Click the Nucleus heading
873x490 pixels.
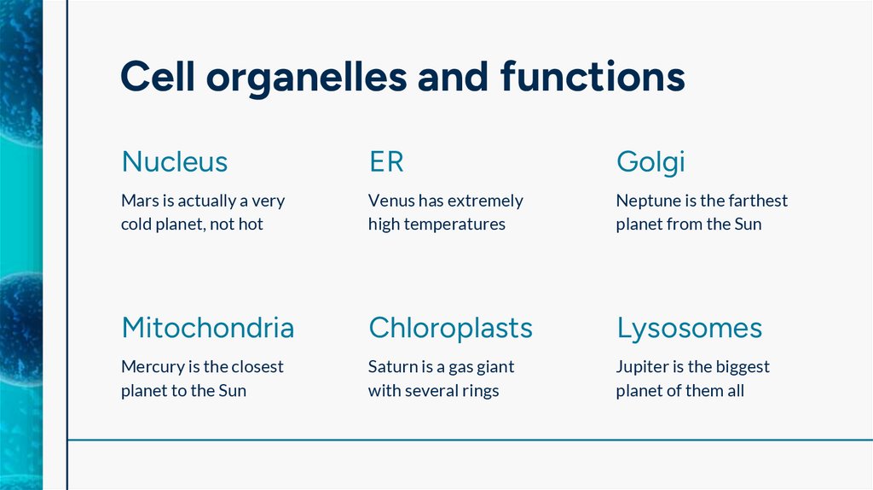coord(174,161)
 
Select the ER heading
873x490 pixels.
coord(386,161)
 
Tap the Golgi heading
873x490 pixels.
coord(650,161)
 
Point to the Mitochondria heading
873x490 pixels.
coord(207,328)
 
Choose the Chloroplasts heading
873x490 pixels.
coord(450,328)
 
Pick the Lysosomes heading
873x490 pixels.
coord(689,328)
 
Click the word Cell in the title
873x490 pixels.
coord(156,77)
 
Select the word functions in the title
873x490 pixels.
coord(593,77)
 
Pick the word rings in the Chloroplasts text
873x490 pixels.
coord(478,392)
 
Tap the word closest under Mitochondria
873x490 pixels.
coord(255,367)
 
